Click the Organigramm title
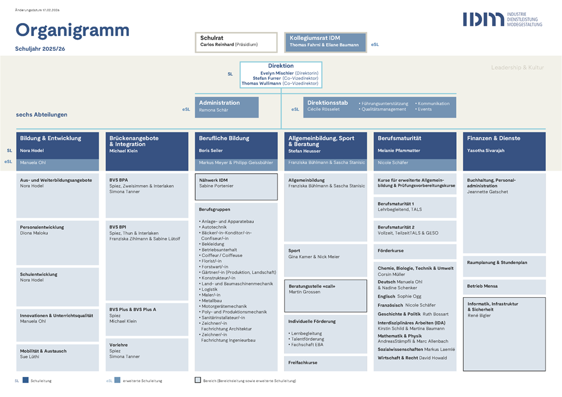pyautogui.click(x=72, y=30)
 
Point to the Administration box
pyautogui.click(x=227, y=106)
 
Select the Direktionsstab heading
pyautogui.click(x=327, y=103)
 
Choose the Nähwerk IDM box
pyautogui.click(x=235, y=186)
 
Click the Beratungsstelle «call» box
pyautogui.click(x=325, y=295)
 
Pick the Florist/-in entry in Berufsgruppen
pyautogui.click(x=211, y=261)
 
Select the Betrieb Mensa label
pyautogui.click(x=482, y=286)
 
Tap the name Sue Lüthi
pyautogui.click(x=30, y=357)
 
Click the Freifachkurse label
pyautogui.click(x=303, y=362)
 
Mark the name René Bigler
pyautogui.click(x=480, y=315)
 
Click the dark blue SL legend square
pyautogui.click(x=25, y=381)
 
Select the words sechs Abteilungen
pyautogui.click(x=41, y=115)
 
